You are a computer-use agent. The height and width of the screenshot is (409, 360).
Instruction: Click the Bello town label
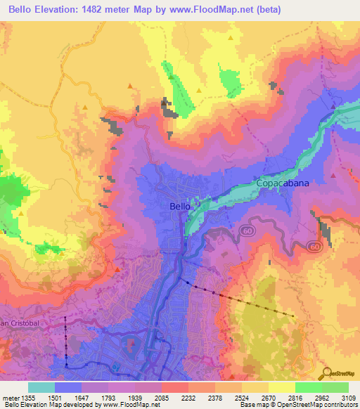tap(180, 206)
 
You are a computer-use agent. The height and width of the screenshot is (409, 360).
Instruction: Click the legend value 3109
tap(347, 397)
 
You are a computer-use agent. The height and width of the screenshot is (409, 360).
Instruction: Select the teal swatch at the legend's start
tap(41, 387)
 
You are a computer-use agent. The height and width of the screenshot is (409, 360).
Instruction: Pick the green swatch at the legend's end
tap(335, 387)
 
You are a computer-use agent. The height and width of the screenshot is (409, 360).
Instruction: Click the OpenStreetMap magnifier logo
tap(325, 373)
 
